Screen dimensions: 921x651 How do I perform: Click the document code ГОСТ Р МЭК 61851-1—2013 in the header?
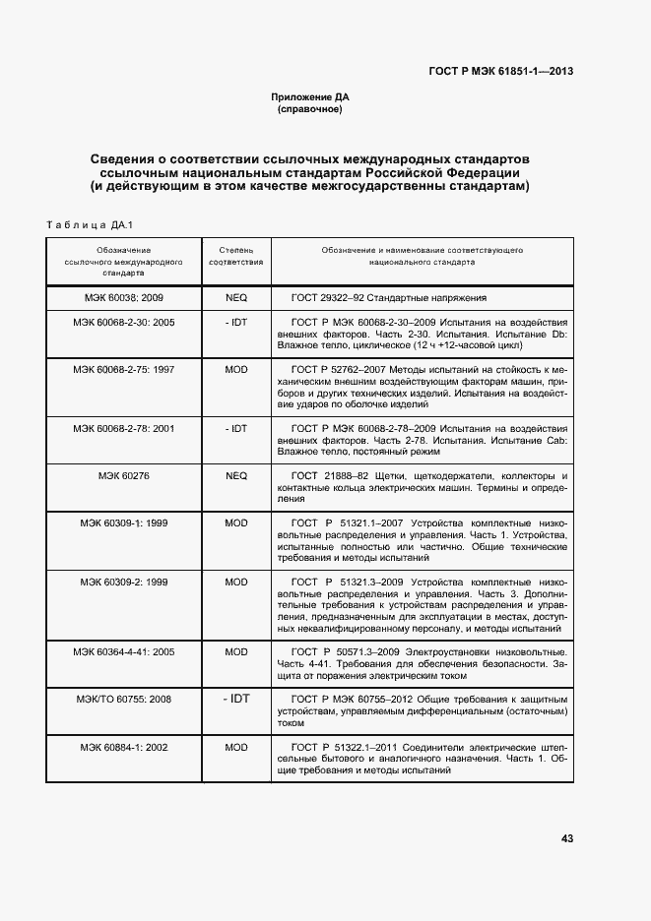click(x=500, y=70)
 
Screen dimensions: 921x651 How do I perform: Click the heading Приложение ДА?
click(x=310, y=97)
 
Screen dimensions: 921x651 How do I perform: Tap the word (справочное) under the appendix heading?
click(x=310, y=109)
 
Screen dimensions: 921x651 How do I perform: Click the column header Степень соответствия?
click(x=235, y=257)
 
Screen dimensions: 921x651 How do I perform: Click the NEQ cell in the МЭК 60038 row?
click(x=236, y=296)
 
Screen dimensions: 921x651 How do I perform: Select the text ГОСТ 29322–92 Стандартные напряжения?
click(x=390, y=296)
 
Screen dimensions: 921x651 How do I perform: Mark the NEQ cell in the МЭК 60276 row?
click(x=236, y=475)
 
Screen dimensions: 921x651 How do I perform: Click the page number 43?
click(x=566, y=838)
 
